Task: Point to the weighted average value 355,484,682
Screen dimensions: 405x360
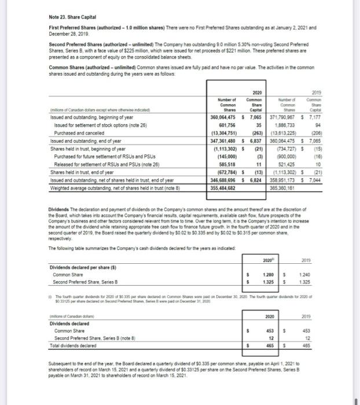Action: pyautogui.click(x=223, y=190)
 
